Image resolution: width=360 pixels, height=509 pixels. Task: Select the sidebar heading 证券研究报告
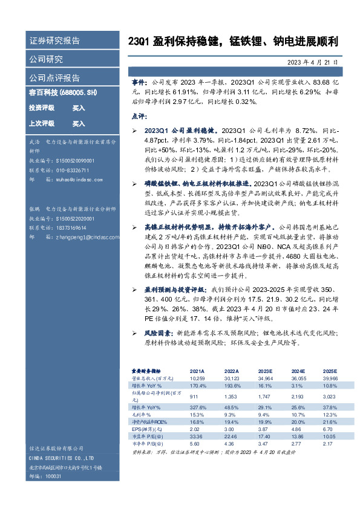coord(54,41)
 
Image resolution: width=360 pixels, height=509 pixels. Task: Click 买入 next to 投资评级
coord(79,108)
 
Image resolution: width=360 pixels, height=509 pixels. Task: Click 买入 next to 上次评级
coord(79,123)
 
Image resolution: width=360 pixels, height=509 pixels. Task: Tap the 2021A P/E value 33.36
coord(198,435)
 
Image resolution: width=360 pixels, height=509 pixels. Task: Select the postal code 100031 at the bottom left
coord(53,476)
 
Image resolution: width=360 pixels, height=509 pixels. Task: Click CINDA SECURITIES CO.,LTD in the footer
coord(61,459)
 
